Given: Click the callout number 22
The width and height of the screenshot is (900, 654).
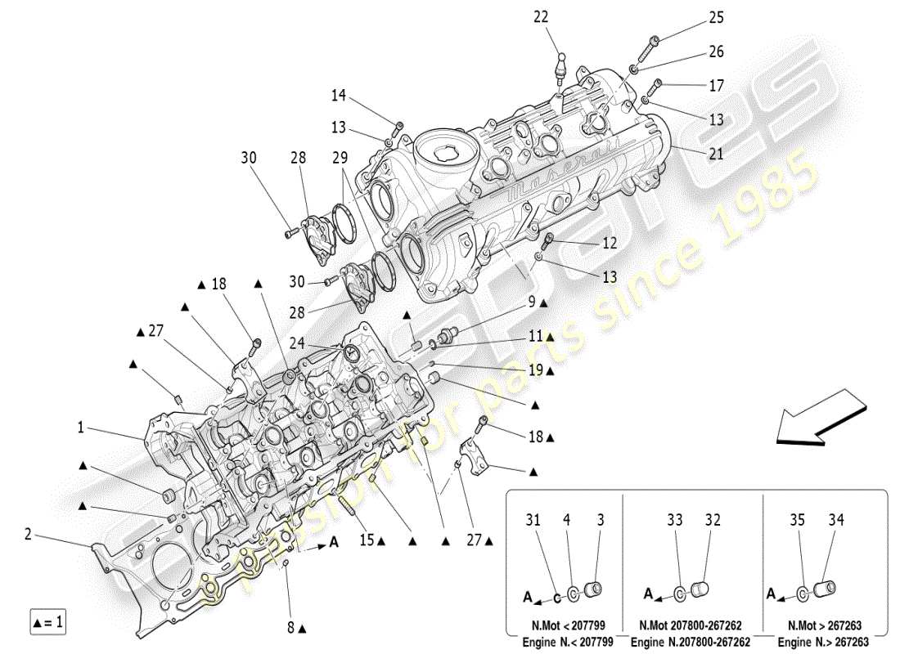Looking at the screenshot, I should (565, 17).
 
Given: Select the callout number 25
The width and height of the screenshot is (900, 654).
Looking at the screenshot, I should (716, 17).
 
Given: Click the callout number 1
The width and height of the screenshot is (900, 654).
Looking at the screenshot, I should (81, 427).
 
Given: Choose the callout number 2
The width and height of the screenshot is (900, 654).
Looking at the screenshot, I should (28, 535).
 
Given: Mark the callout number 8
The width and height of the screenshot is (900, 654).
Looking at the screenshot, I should (291, 628).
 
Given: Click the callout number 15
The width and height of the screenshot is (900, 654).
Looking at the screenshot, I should (366, 540).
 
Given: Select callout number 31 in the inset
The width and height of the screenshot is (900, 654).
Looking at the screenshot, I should (533, 520).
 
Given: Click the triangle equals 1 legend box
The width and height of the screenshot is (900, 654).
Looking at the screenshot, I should (48, 623).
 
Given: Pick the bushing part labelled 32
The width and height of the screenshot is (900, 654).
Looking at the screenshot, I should (699, 589).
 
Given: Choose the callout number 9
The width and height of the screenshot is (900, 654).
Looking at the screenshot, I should (531, 302).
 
